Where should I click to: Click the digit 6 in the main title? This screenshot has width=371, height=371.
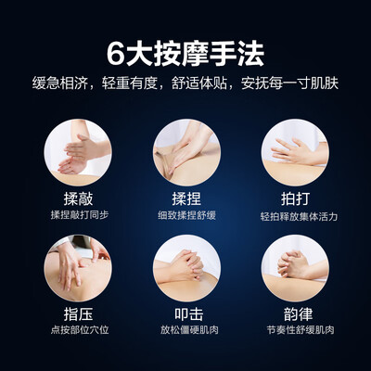point(116,54)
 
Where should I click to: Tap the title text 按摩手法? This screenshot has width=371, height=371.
point(209,54)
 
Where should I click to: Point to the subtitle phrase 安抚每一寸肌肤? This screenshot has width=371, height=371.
point(290,83)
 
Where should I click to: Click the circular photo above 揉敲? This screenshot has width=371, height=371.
point(78,152)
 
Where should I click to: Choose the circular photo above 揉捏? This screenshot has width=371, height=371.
point(186,152)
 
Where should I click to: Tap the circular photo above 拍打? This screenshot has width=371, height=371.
point(295,152)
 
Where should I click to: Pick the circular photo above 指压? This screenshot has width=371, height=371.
point(78,268)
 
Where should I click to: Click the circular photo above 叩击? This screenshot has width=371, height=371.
point(186,268)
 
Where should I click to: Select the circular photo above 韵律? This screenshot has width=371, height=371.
point(295,268)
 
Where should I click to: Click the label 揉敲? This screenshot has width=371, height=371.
point(78,198)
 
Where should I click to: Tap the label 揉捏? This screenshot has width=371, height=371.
point(186,198)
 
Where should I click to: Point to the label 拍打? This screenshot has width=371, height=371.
point(295,198)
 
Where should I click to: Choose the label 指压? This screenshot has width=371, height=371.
point(78,314)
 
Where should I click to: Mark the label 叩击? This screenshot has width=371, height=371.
point(189,314)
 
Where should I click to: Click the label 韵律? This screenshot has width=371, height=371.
point(298,314)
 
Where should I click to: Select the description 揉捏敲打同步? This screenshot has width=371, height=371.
point(80,215)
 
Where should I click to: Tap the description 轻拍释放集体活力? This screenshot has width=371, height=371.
point(299,216)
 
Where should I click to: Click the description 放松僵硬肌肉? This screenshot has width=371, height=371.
point(189,330)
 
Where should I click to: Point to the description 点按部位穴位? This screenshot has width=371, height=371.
point(80,330)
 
